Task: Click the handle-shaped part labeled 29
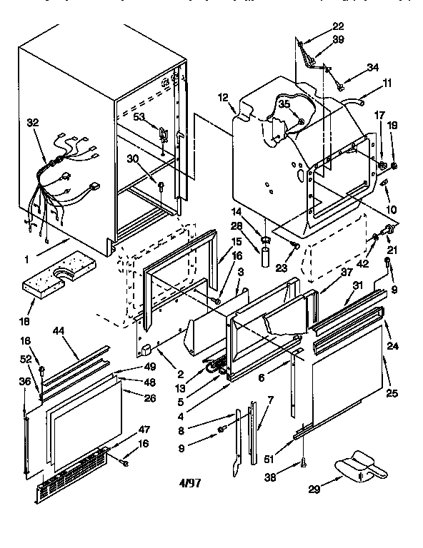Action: [359, 467]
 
